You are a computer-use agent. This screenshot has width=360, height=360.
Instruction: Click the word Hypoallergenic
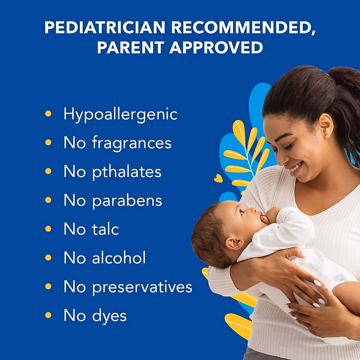(x=120, y=114)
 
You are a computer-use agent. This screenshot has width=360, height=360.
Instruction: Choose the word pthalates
(x=127, y=172)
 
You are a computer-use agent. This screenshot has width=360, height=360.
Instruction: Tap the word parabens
(x=127, y=201)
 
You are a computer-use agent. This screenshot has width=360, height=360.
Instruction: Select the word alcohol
(x=119, y=258)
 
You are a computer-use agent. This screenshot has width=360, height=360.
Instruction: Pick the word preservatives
(x=142, y=287)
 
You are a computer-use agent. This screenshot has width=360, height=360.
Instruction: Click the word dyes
(x=109, y=316)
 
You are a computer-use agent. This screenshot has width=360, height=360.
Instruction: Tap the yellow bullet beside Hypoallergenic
(x=48, y=114)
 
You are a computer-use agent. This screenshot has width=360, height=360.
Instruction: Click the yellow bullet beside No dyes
(x=48, y=315)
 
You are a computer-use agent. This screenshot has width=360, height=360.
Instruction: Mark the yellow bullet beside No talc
(x=48, y=229)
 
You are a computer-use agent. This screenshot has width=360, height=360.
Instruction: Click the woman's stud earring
(x=326, y=136)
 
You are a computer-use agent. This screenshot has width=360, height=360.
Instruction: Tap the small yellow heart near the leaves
(x=218, y=178)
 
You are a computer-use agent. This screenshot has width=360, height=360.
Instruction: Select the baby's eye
(x=242, y=212)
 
